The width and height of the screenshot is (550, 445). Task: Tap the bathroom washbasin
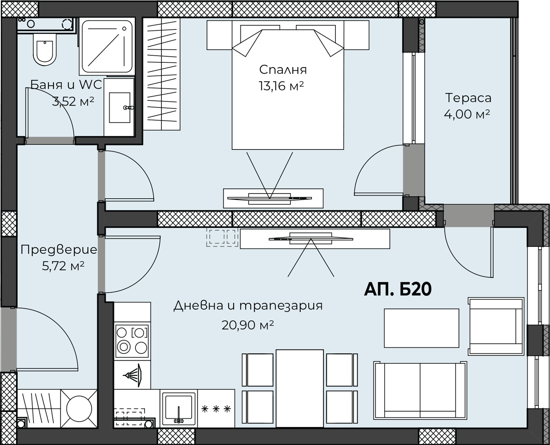119,107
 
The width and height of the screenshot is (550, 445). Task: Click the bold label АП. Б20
398,289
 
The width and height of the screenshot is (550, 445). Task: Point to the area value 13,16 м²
281,86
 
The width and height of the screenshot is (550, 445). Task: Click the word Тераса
468,98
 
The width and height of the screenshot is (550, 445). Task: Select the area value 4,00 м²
467,114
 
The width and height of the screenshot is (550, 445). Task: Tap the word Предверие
59,250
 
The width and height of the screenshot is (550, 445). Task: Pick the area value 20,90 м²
247,325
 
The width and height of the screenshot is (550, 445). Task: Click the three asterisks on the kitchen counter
216,409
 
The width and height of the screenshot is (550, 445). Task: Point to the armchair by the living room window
496,326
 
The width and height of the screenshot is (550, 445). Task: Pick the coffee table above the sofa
422,328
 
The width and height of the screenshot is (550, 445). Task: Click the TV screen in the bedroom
269,198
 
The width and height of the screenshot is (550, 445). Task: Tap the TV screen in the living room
311,239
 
